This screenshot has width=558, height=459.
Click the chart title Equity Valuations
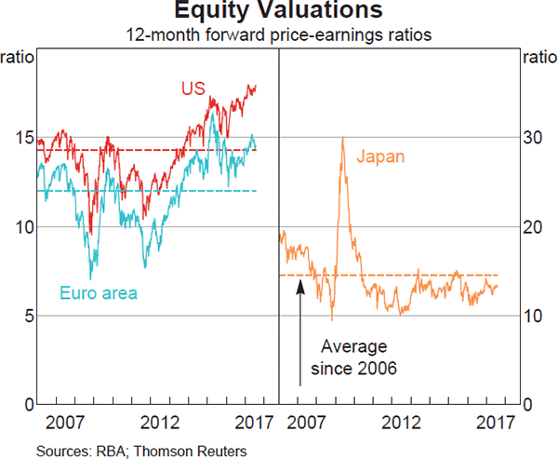pos(279,12)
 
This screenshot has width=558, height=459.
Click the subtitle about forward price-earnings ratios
pos(279,35)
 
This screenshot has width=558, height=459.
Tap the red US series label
pos(191,90)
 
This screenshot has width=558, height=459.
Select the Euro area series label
pos(99,293)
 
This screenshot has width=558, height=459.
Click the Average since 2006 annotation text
pos(352,357)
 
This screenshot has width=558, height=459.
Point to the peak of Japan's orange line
pos(343,138)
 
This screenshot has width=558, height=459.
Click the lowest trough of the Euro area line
pos(90,278)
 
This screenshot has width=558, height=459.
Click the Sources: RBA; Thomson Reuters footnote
pos(141,451)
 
